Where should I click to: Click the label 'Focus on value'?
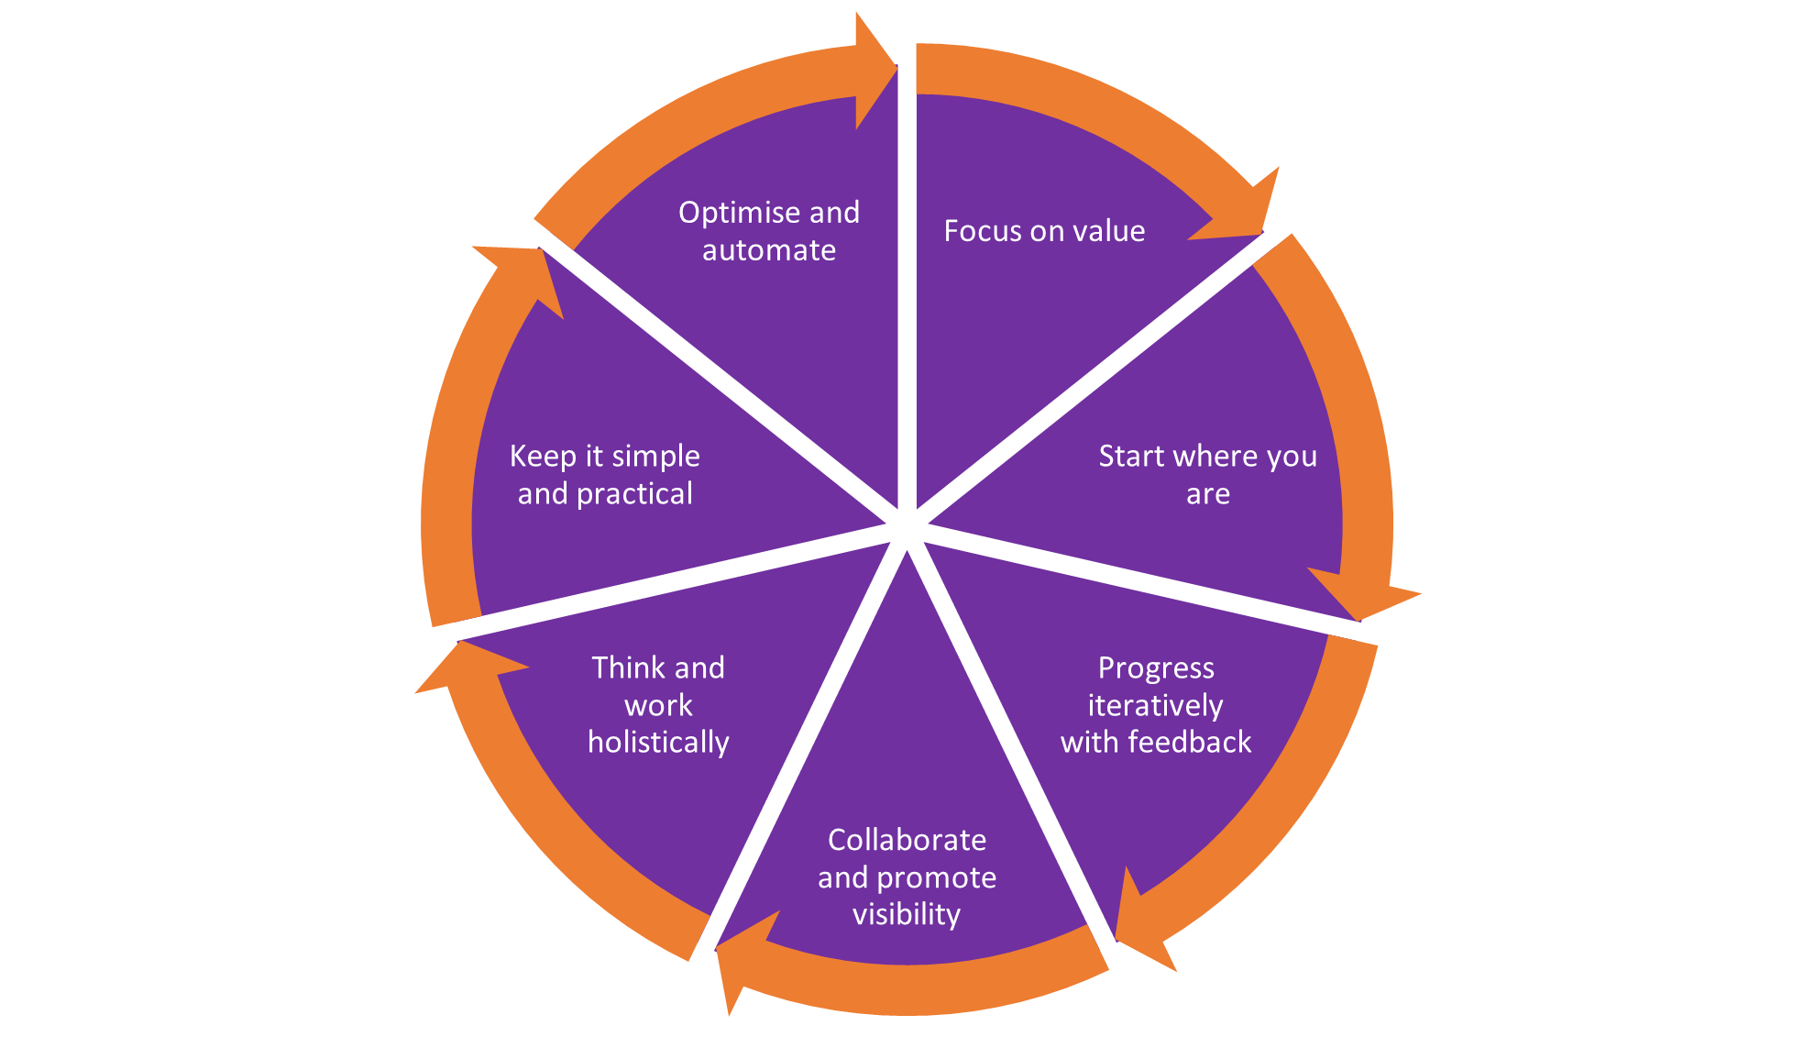point(1044,231)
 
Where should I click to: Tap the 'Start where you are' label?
point(1207,475)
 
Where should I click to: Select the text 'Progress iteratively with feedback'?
point(1156,705)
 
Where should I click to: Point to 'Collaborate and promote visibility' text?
point(907,877)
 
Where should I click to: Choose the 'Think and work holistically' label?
point(658,705)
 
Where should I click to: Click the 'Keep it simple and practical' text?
point(605,475)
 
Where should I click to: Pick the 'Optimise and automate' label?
point(769,231)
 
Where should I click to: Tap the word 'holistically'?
point(658,743)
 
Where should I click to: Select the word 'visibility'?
point(907,915)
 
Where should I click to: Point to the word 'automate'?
point(769,250)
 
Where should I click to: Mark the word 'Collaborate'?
point(907,840)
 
